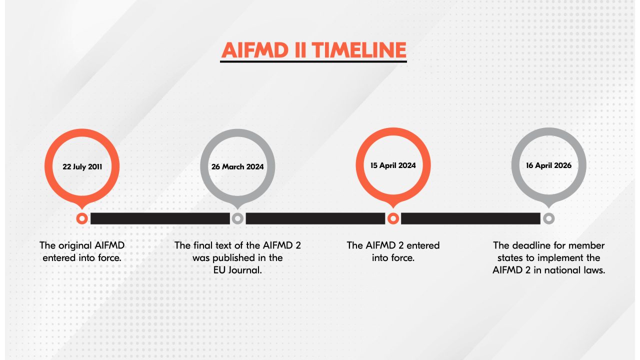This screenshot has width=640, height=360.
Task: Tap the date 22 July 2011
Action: pyautogui.click(x=82, y=167)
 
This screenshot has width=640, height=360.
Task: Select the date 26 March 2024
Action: pyautogui.click(x=237, y=167)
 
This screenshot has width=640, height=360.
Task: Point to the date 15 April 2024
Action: pyautogui.click(x=393, y=165)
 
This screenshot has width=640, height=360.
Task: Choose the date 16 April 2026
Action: pyautogui.click(x=548, y=165)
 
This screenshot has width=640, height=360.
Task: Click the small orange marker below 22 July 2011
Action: pyautogui.click(x=82, y=218)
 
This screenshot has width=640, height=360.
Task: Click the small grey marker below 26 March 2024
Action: pyautogui.click(x=237, y=218)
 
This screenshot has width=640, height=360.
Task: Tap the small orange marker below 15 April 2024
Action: pyautogui.click(x=393, y=218)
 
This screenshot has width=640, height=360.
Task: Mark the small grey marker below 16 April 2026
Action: pyautogui.click(x=548, y=218)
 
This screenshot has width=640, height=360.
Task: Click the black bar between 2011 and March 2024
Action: pyautogui.click(x=159, y=218)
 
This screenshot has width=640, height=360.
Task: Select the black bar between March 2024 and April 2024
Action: pyautogui.click(x=315, y=218)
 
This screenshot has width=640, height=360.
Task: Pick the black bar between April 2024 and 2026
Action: pyautogui.click(x=470, y=218)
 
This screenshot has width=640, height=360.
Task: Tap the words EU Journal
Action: pyautogui.click(x=237, y=270)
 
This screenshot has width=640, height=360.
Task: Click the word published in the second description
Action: pyautogui.click(x=237, y=258)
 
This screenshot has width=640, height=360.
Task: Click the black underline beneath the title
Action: pyautogui.click(x=313, y=62)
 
